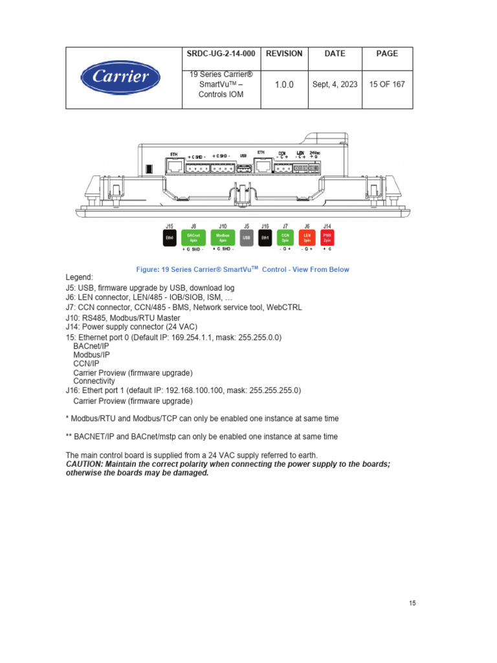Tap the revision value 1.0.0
click(x=283, y=85)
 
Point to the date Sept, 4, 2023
click(x=334, y=85)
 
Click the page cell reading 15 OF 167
click(x=386, y=85)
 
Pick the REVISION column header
click(x=283, y=54)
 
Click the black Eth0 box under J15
click(x=170, y=238)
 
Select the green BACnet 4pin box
click(x=193, y=238)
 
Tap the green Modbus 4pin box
click(x=222, y=238)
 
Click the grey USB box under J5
click(x=246, y=238)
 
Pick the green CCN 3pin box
click(x=285, y=238)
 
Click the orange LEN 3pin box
click(x=307, y=238)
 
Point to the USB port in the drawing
click(x=243, y=167)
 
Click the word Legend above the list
click(x=80, y=277)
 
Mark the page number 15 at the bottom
click(x=412, y=603)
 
